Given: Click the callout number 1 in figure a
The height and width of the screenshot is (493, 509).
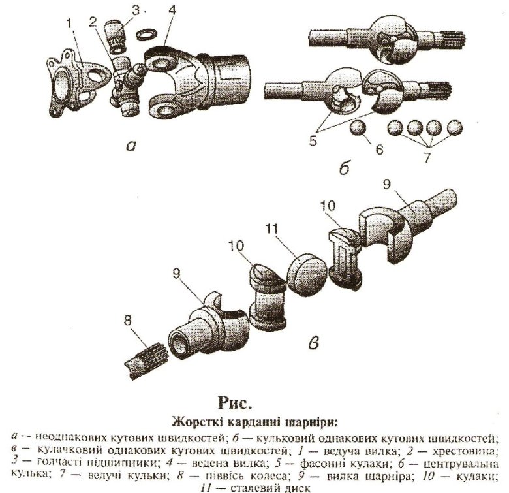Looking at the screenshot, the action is point(69,24).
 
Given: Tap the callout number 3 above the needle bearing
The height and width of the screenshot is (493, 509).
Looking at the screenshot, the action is point(135,10).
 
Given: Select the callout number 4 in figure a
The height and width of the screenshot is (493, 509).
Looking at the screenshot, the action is point(172,10).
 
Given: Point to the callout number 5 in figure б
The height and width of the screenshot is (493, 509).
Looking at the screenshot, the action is point(313,141).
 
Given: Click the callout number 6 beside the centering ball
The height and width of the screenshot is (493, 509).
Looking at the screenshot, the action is point(379,150).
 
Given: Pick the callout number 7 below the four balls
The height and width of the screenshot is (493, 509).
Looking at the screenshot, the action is point(427,157).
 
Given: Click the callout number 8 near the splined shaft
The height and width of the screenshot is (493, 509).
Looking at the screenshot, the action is point(128,321).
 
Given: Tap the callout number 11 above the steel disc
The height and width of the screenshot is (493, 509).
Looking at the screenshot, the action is point(271,229).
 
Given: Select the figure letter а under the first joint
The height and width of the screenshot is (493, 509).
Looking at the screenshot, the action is point(131,147).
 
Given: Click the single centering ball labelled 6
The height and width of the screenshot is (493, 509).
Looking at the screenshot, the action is point(358,127).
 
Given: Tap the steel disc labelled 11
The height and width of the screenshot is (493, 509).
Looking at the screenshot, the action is point(307,274).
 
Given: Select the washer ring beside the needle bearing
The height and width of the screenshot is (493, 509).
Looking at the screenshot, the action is point(146,35).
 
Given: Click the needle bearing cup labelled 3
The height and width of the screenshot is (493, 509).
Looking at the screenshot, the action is point(115,37).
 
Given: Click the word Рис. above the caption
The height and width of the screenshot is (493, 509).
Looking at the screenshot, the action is point(236,404).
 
